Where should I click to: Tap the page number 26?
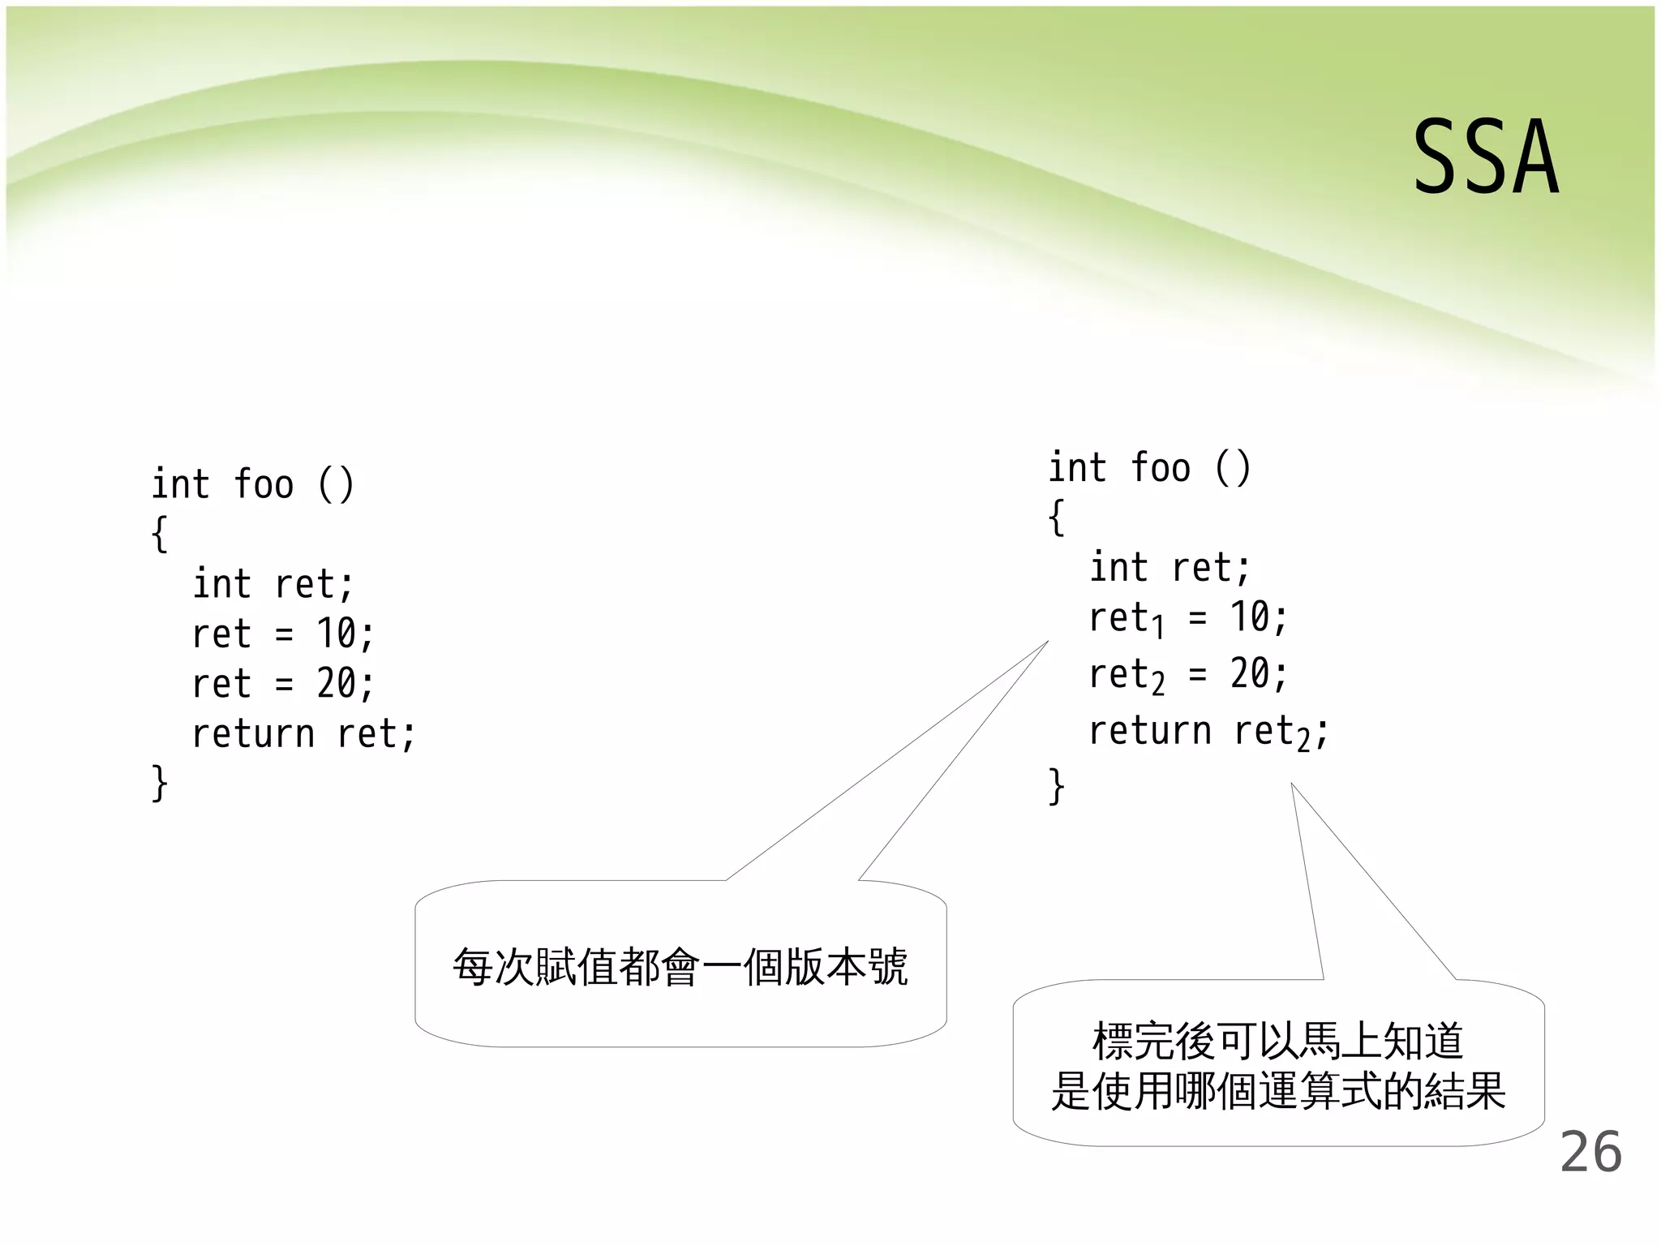(x=1590, y=1152)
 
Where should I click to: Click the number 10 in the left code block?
(x=337, y=634)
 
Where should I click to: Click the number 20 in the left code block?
(x=337, y=684)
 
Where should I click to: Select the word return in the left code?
(x=253, y=734)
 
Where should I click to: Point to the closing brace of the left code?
(x=160, y=784)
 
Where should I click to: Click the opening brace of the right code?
(x=1056, y=518)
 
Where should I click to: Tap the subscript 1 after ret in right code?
(x=1159, y=627)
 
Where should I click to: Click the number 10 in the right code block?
(x=1250, y=617)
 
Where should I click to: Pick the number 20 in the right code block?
(x=1250, y=674)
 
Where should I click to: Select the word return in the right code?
(x=1150, y=731)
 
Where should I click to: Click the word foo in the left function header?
(x=264, y=484)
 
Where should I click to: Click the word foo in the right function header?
(x=1161, y=468)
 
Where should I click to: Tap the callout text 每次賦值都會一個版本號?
(x=680, y=967)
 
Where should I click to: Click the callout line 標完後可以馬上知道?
(x=1278, y=1041)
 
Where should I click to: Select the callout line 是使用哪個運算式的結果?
(x=1278, y=1091)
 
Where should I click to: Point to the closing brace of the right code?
(x=1056, y=786)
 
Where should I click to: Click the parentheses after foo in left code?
(x=336, y=484)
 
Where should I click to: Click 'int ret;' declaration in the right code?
(x=1169, y=568)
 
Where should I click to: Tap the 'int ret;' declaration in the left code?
(x=273, y=584)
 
